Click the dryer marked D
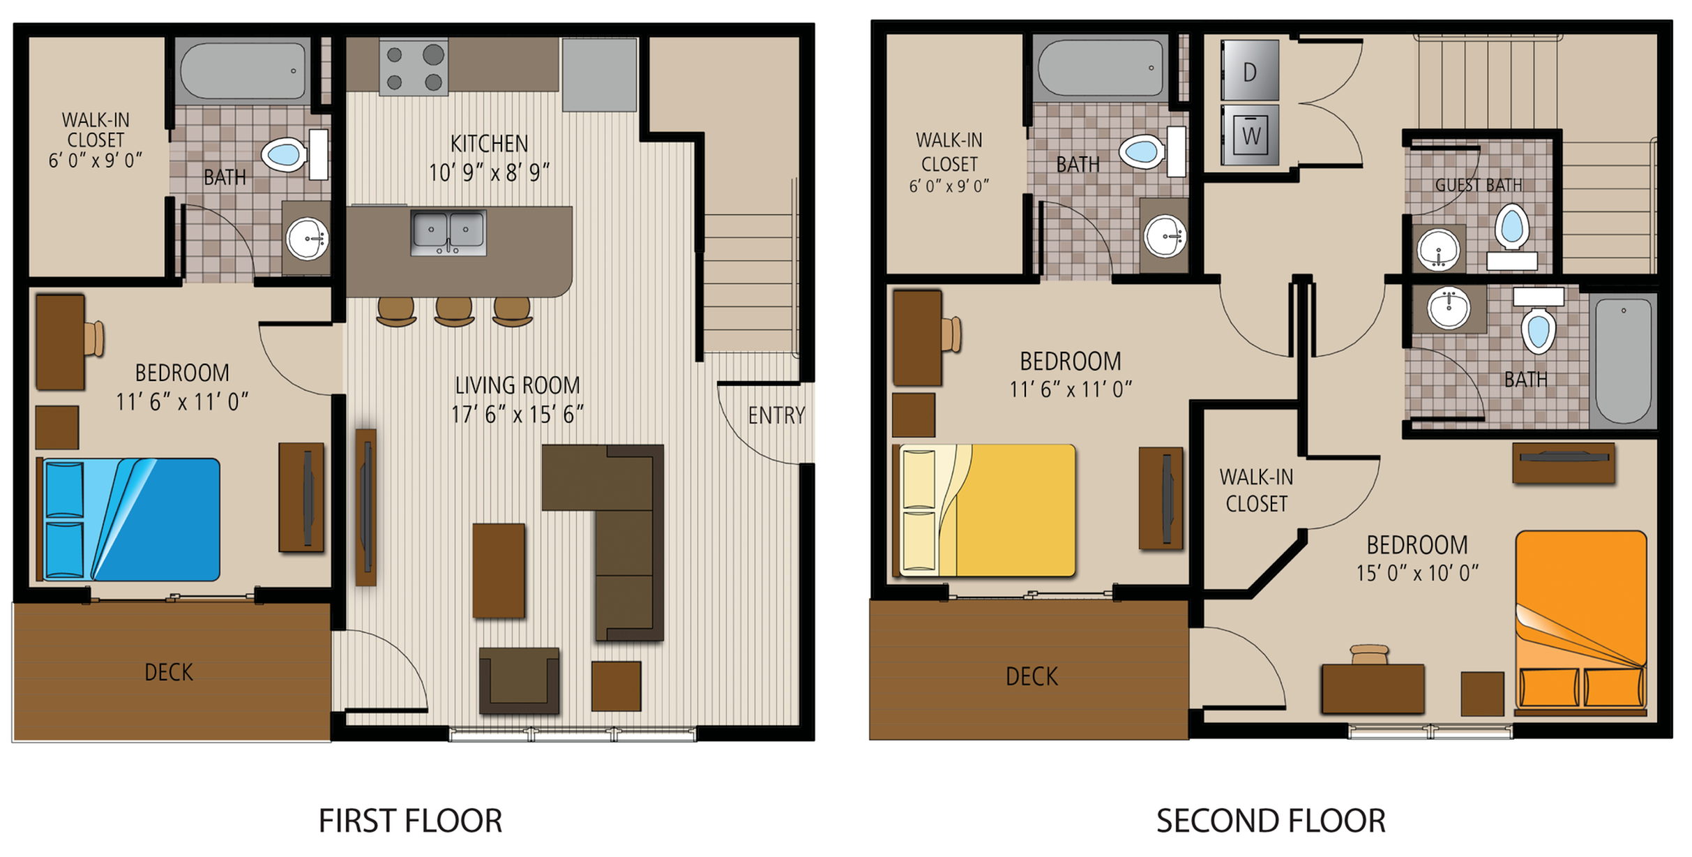tap(1249, 70)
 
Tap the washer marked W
tap(1249, 135)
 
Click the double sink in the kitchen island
tap(448, 232)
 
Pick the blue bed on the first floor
tap(129, 519)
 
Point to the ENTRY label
tap(776, 416)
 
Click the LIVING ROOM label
tap(518, 385)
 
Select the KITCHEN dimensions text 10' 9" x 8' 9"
tap(489, 172)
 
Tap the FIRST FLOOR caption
tap(411, 821)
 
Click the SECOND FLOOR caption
tap(1271, 821)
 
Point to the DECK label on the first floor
tap(169, 672)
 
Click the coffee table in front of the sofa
tap(499, 571)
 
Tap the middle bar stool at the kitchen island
tap(454, 311)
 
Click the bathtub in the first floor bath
tap(243, 70)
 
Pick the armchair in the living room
tap(520, 680)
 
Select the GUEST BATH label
tap(1479, 185)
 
